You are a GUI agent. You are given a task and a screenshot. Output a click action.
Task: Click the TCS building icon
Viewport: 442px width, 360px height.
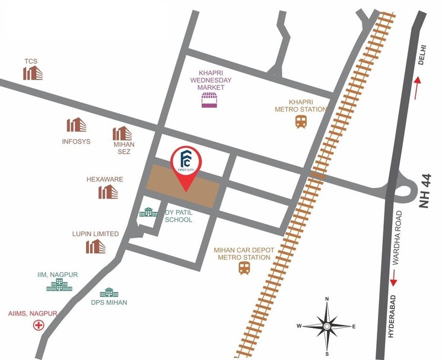point(33,72)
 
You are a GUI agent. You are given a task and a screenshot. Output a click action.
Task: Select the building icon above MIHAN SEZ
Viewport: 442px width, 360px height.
point(122,133)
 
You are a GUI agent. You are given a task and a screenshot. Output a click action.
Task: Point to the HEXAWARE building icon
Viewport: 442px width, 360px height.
point(108,191)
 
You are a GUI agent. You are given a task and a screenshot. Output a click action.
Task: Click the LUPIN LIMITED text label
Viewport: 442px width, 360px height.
point(96,234)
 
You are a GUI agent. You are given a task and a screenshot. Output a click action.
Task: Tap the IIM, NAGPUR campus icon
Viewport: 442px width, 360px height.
point(59,285)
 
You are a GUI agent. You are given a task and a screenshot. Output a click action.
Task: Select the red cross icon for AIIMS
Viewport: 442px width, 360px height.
point(39,325)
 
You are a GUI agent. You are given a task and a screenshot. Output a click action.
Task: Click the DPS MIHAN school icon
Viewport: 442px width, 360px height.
point(109,292)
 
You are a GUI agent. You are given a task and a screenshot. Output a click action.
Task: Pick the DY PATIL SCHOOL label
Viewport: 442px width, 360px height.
point(179,216)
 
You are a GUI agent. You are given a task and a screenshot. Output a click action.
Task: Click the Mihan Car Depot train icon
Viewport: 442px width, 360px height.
point(244,268)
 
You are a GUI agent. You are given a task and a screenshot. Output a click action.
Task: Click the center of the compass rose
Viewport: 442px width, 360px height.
point(326,326)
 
